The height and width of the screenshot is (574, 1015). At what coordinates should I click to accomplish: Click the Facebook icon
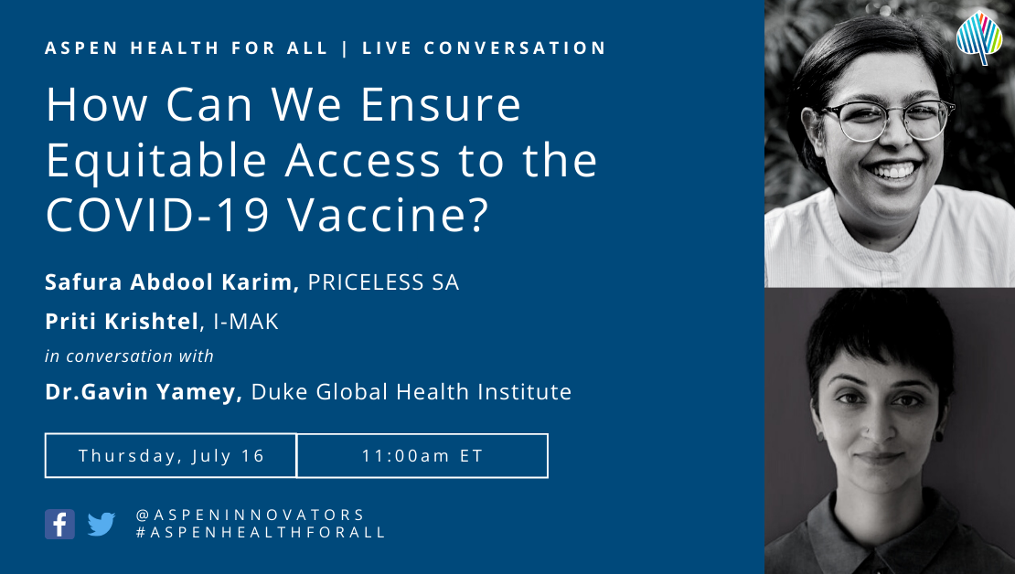click(x=59, y=524)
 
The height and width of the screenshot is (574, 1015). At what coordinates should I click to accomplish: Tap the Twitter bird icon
click(x=101, y=524)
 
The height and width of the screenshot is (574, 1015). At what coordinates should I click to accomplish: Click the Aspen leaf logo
click(x=979, y=37)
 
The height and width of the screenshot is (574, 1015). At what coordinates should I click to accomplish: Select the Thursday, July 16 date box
click(x=171, y=455)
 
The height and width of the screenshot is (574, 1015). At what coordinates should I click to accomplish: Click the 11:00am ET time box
click(x=422, y=455)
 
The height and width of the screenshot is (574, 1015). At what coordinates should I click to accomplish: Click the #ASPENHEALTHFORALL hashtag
click(x=261, y=533)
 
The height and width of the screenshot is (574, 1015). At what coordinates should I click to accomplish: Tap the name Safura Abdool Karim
click(x=172, y=282)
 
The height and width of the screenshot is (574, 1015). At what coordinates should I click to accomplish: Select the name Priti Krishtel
click(x=122, y=322)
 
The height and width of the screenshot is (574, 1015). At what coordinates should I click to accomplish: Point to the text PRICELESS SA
click(x=383, y=282)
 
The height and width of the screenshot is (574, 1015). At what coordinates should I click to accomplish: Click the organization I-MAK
click(x=246, y=322)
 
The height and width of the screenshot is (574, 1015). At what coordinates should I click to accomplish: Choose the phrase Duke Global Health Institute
click(x=411, y=391)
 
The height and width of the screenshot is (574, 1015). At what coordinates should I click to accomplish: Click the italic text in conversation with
click(x=129, y=356)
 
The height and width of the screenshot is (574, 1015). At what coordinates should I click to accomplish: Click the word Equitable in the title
click(x=156, y=162)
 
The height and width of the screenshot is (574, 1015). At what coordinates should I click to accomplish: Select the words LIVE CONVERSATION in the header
click(x=485, y=48)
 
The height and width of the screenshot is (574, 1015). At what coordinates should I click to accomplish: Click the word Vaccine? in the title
click(x=388, y=215)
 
